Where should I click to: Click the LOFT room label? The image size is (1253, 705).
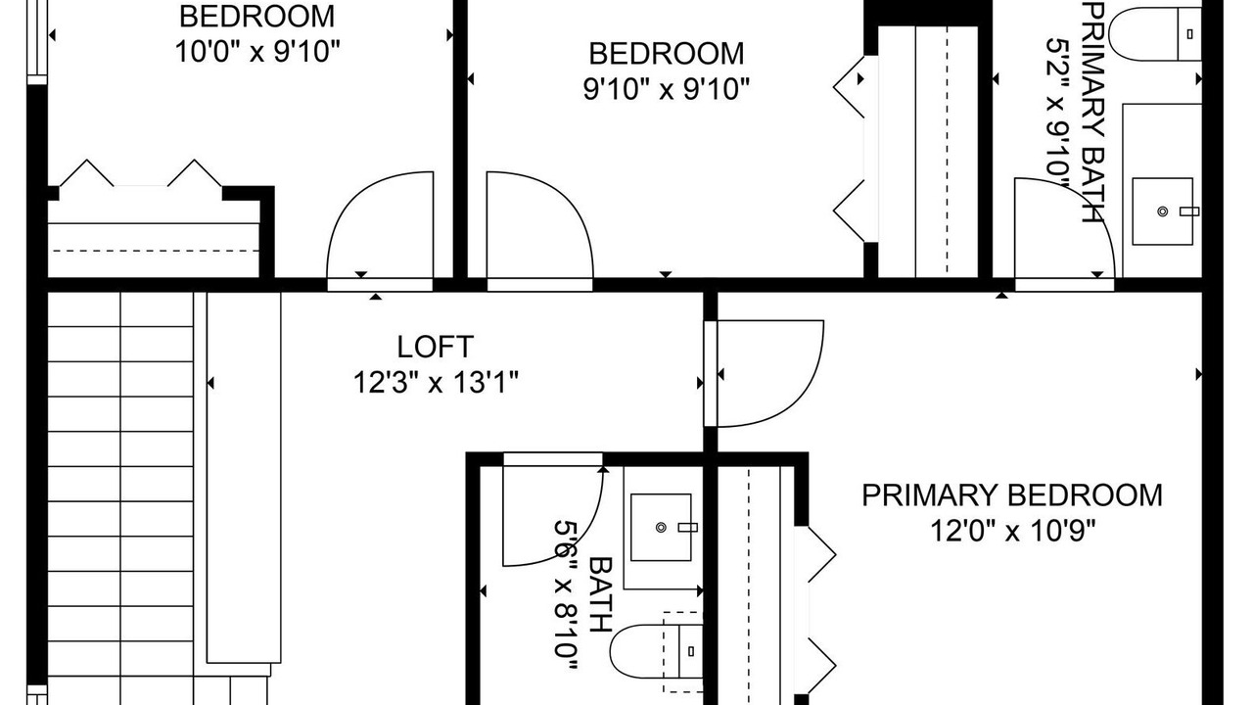tap(436, 347)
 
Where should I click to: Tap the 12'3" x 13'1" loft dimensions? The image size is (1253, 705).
tap(436, 383)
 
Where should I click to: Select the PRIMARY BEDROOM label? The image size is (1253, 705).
tap(1012, 495)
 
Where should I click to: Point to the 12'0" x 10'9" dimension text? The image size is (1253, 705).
tap(1012, 531)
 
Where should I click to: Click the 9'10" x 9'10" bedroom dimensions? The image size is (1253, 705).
tap(667, 89)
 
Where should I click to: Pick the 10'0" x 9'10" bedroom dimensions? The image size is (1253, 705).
tap(257, 52)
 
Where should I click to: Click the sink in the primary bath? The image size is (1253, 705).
tap(1162, 211)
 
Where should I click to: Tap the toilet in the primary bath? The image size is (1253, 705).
tap(1154, 33)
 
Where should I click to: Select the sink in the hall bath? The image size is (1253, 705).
tap(661, 527)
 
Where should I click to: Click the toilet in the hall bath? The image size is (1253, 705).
tap(656, 652)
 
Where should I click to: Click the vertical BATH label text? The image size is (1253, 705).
tap(600, 594)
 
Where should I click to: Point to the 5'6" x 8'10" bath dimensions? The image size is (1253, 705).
tap(565, 595)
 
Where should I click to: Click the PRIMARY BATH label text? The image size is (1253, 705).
tap(1093, 112)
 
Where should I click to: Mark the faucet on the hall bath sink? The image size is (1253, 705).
tap(687, 527)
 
